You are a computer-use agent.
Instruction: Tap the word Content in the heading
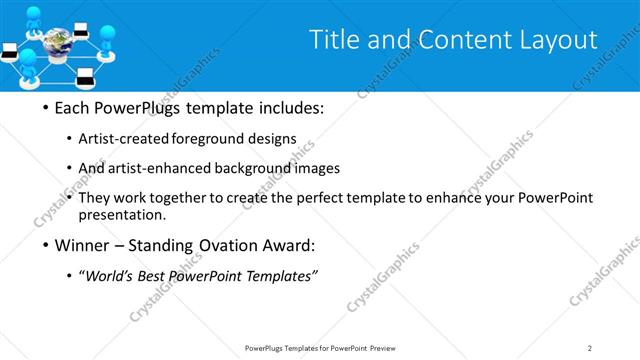click(x=448, y=40)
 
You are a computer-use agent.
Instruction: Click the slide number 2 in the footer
click(x=590, y=347)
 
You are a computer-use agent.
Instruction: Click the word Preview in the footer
click(x=386, y=347)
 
